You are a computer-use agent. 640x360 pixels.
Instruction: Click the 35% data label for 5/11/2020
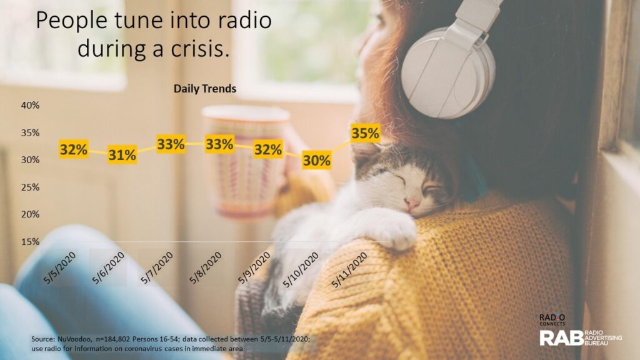point(365,133)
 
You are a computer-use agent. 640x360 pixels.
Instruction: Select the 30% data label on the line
point(316,161)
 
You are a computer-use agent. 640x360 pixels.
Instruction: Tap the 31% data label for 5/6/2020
point(122,155)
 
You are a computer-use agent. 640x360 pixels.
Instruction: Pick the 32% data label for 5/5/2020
point(74,149)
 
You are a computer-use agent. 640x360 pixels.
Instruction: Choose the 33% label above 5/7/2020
point(171,144)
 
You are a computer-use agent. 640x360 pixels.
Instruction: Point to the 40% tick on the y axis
point(30,105)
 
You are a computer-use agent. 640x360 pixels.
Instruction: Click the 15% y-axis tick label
point(30,242)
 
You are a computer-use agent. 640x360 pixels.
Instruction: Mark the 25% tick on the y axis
point(30,187)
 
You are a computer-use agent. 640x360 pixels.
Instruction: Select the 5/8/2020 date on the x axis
point(206,267)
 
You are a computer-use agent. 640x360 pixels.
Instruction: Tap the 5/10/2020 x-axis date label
point(301,270)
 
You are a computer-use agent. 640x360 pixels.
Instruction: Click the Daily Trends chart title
point(205,89)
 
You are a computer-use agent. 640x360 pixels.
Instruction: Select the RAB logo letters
point(562,338)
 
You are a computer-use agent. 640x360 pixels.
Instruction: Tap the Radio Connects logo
point(552,319)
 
